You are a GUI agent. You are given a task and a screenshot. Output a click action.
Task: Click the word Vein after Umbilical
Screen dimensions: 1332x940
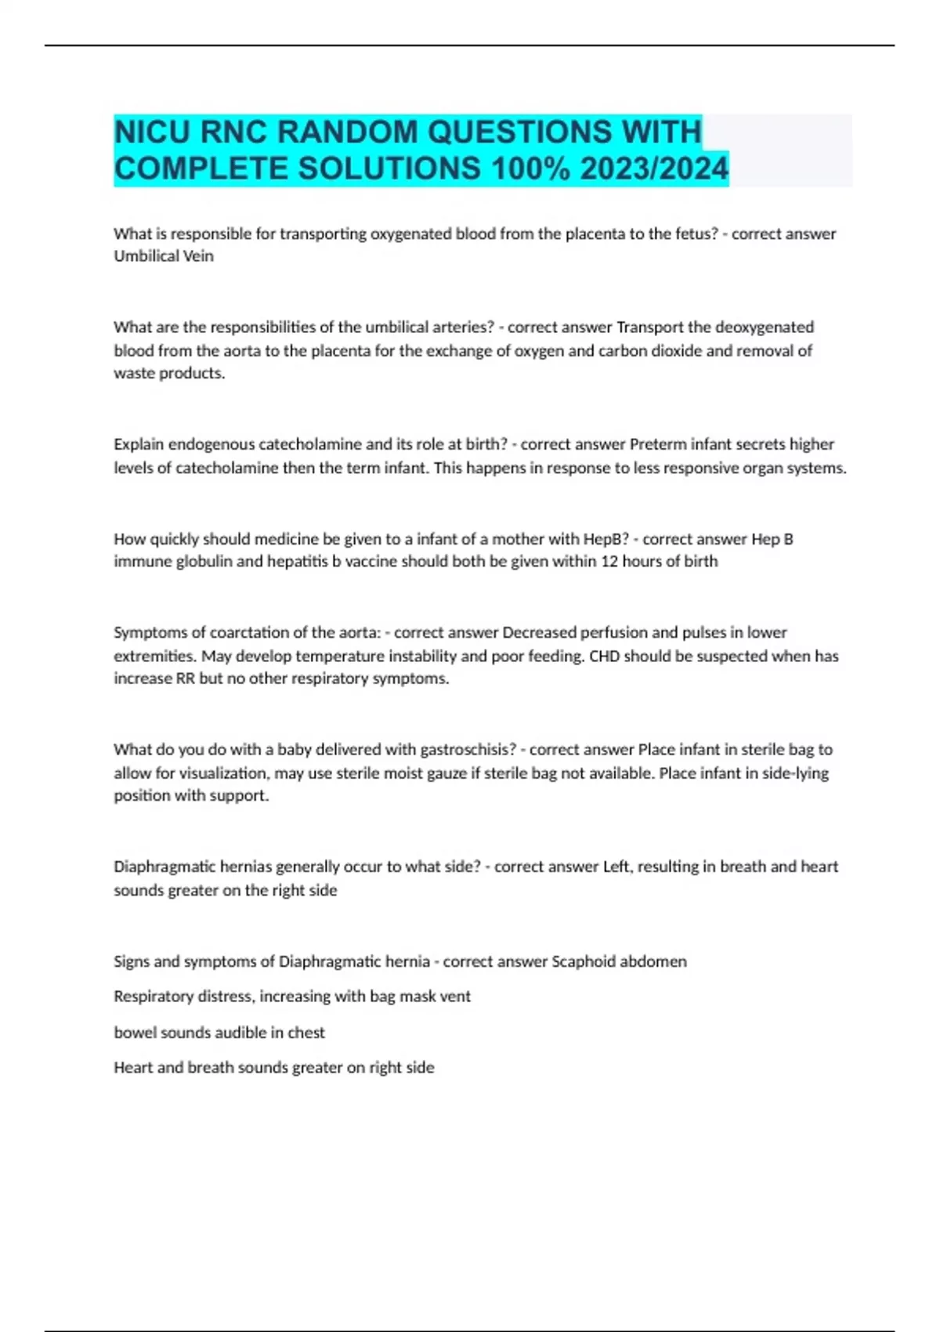198,256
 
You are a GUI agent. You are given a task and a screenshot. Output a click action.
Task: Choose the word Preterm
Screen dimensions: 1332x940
656,444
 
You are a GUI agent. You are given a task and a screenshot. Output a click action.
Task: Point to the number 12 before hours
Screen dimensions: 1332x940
609,562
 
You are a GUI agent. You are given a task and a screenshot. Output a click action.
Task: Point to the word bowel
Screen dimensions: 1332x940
134,1033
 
